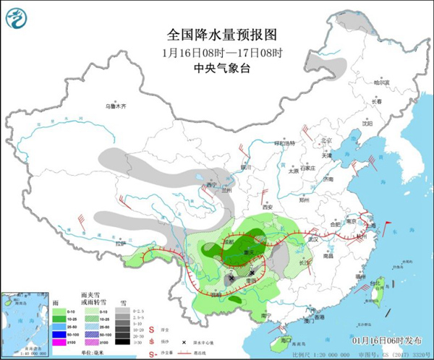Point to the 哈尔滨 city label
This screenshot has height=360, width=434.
(381, 82)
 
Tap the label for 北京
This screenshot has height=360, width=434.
(326, 141)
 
